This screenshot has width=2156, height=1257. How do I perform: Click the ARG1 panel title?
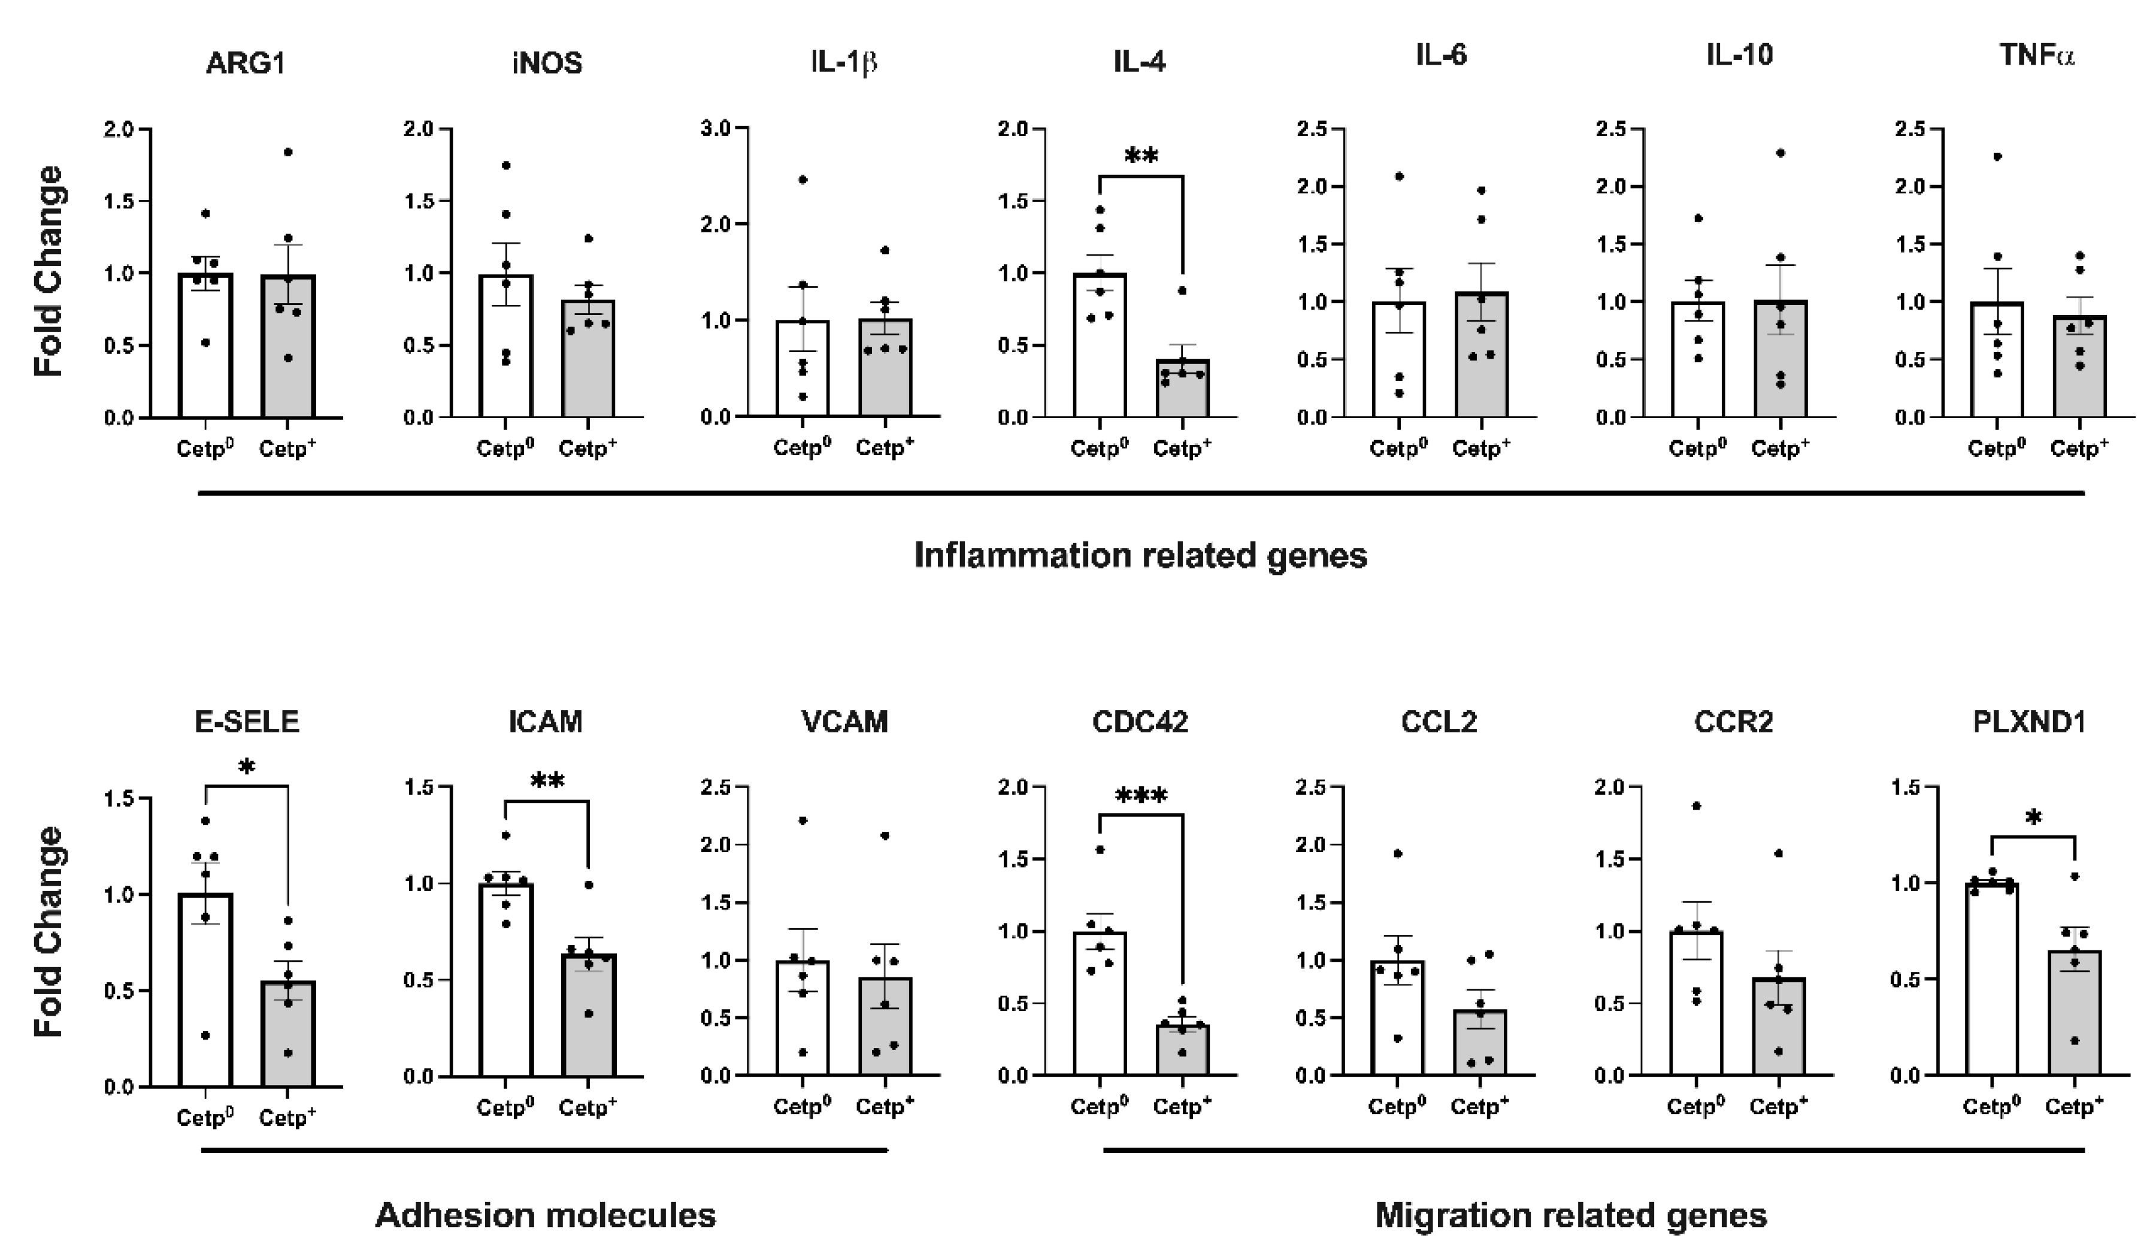click(246, 63)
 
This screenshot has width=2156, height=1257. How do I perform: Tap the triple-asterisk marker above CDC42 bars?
click(1141, 798)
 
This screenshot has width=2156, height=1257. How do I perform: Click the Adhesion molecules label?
click(545, 1215)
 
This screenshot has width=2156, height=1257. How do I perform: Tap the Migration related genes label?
click(1571, 1215)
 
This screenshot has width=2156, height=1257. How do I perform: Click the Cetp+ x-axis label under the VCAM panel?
click(885, 1107)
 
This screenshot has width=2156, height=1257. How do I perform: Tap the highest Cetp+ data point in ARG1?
click(288, 152)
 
